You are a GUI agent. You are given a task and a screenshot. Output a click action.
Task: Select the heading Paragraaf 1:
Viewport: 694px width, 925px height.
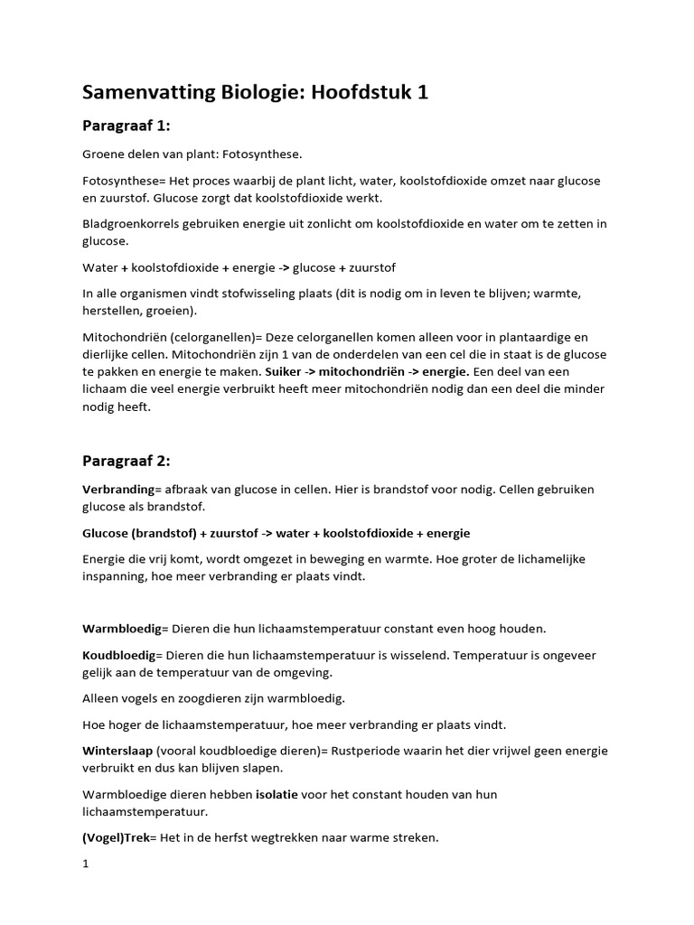(x=127, y=125)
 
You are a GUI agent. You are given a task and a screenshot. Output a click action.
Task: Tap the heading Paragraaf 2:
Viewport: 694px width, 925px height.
(x=127, y=460)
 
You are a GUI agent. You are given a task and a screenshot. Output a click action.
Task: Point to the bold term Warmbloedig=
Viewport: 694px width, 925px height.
(x=122, y=628)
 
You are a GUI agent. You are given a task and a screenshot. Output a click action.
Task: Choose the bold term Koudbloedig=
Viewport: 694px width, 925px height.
(x=121, y=655)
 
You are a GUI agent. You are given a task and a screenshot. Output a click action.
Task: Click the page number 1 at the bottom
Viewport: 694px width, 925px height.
(x=86, y=864)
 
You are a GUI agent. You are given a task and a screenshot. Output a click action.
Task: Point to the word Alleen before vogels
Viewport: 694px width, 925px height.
(x=101, y=698)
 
